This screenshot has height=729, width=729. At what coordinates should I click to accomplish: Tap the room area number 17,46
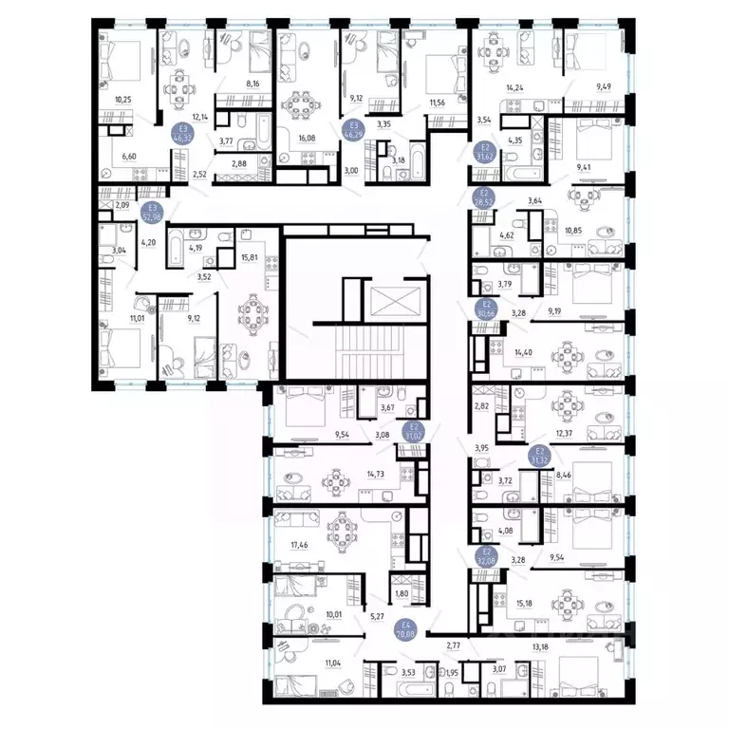pyautogui.click(x=290, y=545)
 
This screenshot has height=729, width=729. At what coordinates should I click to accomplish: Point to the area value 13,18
pyautogui.click(x=538, y=648)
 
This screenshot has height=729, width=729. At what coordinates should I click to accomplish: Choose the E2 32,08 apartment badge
pyautogui.click(x=487, y=556)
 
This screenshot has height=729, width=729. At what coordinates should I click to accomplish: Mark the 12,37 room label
pyautogui.click(x=565, y=434)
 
